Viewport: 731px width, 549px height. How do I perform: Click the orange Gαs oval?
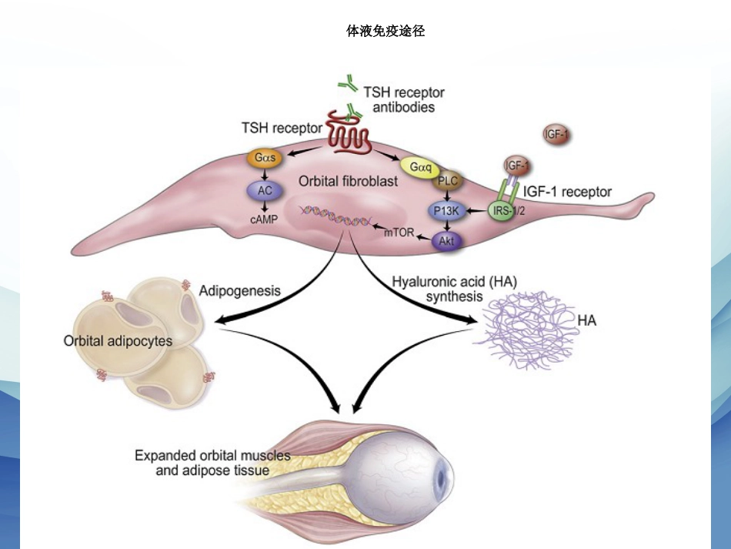265,158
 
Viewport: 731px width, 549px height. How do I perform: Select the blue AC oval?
265,190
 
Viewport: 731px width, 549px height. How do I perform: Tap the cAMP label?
264,219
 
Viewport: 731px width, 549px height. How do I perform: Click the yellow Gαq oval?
420,167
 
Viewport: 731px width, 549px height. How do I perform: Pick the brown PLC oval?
448,180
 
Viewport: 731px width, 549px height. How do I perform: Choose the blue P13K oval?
446,211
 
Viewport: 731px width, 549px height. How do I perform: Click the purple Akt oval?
446,241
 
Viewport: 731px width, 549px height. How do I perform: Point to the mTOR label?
399,233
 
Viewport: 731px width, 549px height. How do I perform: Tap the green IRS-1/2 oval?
506,211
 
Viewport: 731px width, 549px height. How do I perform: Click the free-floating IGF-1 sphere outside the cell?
556,135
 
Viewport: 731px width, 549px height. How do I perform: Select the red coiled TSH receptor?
349,132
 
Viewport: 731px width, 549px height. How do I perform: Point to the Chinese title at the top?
386,32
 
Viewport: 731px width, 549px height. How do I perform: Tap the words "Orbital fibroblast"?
349,181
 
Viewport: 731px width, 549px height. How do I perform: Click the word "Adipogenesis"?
239,291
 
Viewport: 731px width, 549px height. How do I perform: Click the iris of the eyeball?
441,478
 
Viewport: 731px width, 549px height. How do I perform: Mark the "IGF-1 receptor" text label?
567,192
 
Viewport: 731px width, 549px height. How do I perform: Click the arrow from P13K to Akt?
447,226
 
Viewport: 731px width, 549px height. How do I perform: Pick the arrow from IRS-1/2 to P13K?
476,211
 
